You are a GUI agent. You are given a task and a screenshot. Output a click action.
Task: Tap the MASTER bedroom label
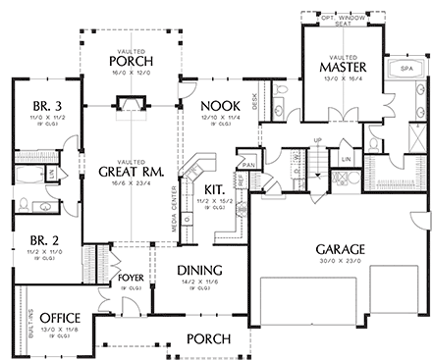(343, 67)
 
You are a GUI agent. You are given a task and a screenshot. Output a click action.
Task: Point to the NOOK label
(213, 105)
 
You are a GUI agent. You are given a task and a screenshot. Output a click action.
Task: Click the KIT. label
(214, 187)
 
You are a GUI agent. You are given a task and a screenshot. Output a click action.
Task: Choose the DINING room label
(199, 271)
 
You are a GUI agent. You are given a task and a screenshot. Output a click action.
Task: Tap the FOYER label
(131, 278)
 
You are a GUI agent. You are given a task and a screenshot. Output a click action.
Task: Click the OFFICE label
(59, 318)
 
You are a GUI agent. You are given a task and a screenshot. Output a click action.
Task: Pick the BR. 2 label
(41, 239)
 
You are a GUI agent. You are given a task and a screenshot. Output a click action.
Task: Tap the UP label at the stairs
(317, 139)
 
